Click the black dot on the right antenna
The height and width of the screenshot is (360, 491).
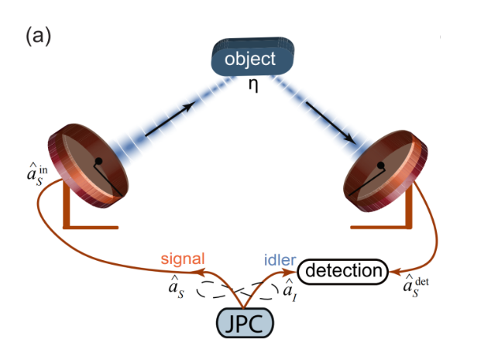379,166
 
